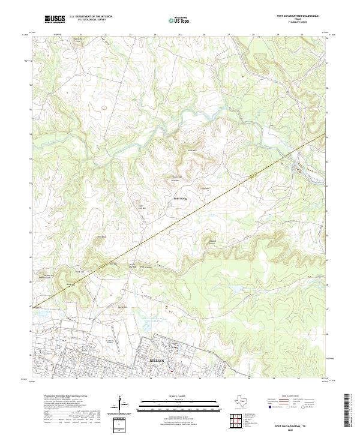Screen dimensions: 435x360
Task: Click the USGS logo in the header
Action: coord(55,19)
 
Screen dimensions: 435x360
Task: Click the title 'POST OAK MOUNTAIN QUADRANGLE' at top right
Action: coord(297,16)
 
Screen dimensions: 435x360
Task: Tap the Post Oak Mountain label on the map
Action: coord(176,178)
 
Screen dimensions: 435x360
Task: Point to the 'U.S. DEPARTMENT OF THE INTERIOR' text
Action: coord(91,17)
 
